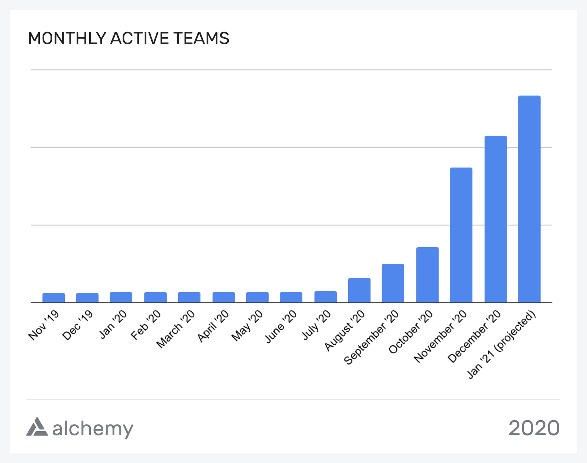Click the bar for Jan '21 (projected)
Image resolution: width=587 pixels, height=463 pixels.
pos(529,199)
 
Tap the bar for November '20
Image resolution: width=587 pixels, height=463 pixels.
pos(461,235)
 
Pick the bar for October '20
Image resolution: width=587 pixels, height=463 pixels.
pos(427,275)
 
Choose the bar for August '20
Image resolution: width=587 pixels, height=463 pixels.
pos(359,290)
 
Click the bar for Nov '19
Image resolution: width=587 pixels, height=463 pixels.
pos(54,298)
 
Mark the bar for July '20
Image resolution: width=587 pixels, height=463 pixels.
pos(326,297)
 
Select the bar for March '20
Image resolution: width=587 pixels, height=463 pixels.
pos(189,297)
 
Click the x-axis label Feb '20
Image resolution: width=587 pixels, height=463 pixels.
pos(146,325)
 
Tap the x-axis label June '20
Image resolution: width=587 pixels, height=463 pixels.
pos(281,326)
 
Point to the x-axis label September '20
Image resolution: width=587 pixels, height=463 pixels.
pos(371,338)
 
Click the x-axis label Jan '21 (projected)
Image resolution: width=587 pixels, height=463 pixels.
pos(502,345)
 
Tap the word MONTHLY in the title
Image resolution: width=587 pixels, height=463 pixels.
pos(67,38)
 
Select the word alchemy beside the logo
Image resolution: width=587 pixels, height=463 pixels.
pos(93,428)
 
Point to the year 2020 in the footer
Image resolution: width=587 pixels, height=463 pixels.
pos(534,428)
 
